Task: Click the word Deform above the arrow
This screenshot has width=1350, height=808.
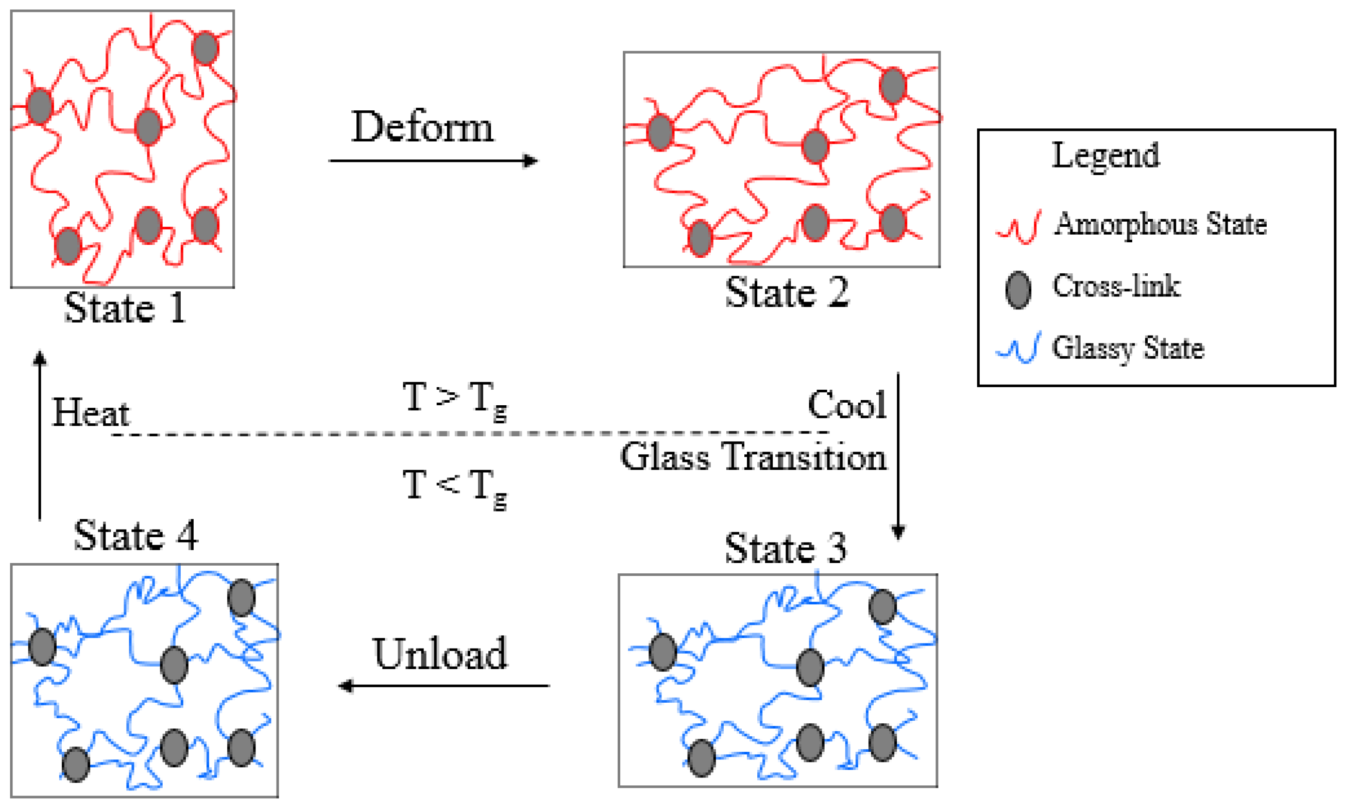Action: pyautogui.click(x=422, y=127)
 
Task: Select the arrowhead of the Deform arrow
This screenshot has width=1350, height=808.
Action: pyautogui.click(x=530, y=160)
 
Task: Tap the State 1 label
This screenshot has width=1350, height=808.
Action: pyautogui.click(x=125, y=308)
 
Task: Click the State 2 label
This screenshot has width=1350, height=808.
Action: pyautogui.click(x=787, y=293)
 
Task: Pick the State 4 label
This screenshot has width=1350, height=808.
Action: pyautogui.click(x=136, y=536)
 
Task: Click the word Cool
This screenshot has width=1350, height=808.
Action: pyautogui.click(x=847, y=405)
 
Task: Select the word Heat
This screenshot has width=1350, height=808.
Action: pyautogui.click(x=91, y=413)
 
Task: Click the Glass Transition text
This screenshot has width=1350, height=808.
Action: pyautogui.click(x=753, y=456)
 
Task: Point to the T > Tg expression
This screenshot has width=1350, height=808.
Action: pyautogui.click(x=454, y=399)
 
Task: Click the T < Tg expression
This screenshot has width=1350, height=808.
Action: pyautogui.click(x=454, y=486)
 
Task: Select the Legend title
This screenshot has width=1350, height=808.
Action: pyautogui.click(x=1106, y=155)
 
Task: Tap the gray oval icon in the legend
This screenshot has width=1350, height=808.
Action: pyautogui.click(x=1018, y=290)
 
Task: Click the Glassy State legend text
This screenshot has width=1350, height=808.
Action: pyautogui.click(x=1128, y=349)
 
